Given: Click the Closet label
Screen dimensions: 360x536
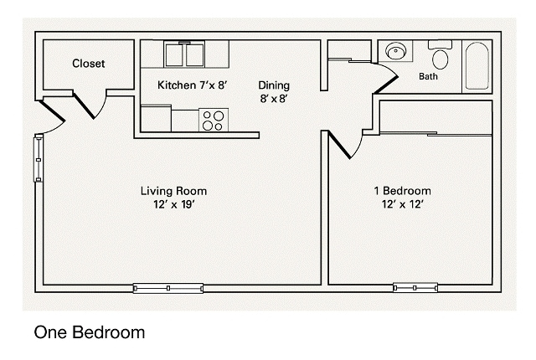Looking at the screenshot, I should (88, 63).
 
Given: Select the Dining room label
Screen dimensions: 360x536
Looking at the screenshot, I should (274, 84).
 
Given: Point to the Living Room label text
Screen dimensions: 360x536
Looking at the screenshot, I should (173, 190).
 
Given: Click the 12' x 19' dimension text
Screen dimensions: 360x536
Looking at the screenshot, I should (173, 203).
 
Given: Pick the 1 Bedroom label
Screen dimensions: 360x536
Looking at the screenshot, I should (402, 190).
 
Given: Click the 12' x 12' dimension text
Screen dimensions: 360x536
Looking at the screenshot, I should (402, 203).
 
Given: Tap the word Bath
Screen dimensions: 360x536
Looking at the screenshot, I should (428, 76).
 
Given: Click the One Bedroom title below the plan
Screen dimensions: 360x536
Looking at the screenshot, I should (89, 332).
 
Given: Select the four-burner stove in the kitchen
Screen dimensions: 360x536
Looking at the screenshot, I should (213, 120).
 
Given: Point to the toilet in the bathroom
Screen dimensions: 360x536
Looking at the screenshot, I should (441, 56).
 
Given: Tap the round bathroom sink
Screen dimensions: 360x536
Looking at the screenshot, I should (395, 52).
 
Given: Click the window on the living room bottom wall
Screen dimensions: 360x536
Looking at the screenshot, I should (168, 287).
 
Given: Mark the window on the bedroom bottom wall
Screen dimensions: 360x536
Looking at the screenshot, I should (416, 287).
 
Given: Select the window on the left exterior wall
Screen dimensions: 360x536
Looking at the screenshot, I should (37, 157).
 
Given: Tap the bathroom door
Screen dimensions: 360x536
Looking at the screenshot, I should (384, 77).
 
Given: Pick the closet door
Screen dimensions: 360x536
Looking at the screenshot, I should (90, 104).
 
